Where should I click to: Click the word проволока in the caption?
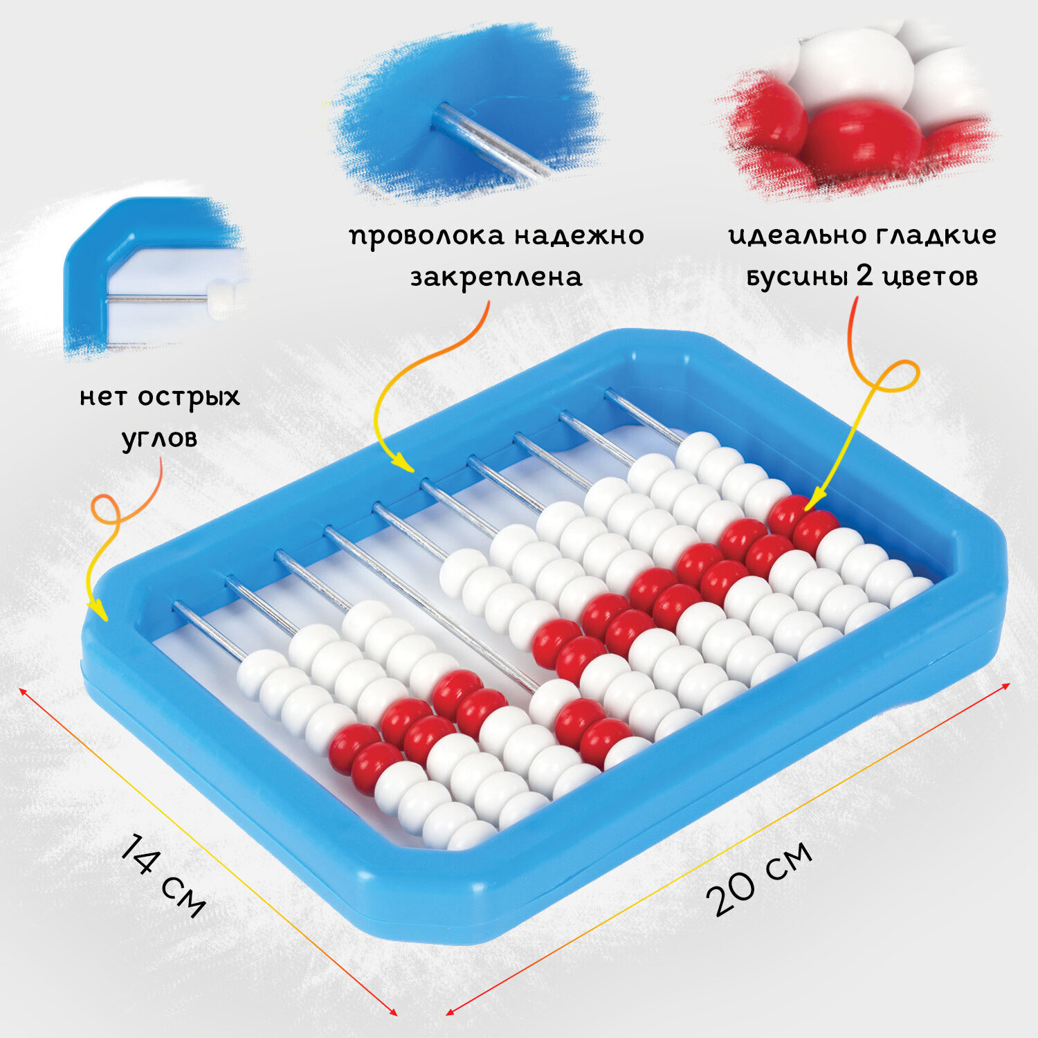click(x=426, y=237)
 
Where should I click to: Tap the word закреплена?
click(x=497, y=277)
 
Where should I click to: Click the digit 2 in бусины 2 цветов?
click(x=864, y=275)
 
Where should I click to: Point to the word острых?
click(x=189, y=398)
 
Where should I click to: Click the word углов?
click(x=159, y=439)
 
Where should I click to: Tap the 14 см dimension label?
click(x=163, y=875)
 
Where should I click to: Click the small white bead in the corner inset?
click(x=223, y=300)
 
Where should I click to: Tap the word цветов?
click(x=929, y=277)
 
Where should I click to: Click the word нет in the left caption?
click(x=104, y=397)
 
